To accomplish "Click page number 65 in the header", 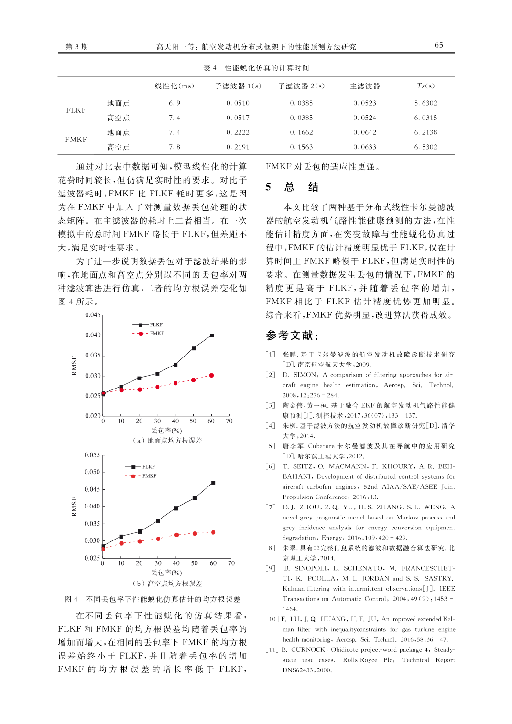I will tap(438, 45).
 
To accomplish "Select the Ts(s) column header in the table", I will tap(425, 86).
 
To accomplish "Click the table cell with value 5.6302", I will tap(425, 103).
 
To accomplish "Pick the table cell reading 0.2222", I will tap(238, 132).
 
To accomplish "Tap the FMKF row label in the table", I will tap(76, 140).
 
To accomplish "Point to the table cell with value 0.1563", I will tap(301, 147).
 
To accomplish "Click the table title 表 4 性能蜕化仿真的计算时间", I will tap(256, 68).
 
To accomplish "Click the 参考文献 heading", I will tap(292, 335).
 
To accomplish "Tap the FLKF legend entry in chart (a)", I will tap(149, 325).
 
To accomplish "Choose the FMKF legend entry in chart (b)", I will tap(142, 476).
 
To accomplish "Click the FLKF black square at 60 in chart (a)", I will tap(212, 335).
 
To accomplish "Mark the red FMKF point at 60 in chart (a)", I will tap(212, 375).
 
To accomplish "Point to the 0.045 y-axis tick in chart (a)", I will tap(93, 315).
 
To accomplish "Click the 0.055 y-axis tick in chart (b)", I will tap(92, 455).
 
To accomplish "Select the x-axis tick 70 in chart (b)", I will tap(231, 563).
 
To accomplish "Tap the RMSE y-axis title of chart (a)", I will tap(74, 365).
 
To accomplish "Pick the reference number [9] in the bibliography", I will tap(271, 568).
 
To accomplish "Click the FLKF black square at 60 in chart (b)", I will tap(213, 483).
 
